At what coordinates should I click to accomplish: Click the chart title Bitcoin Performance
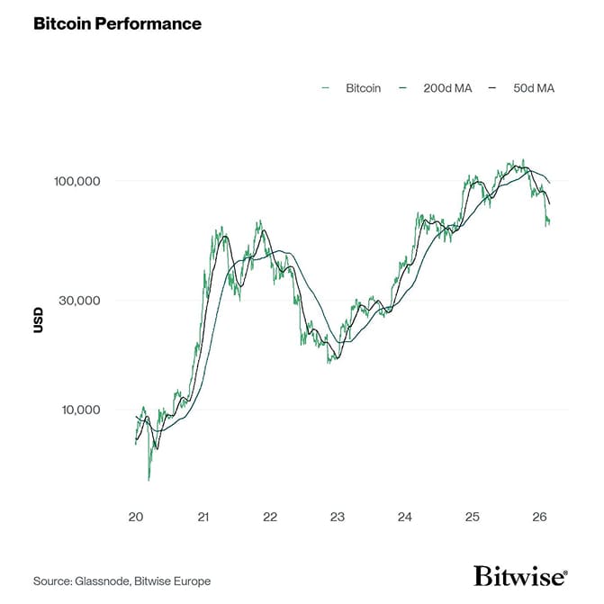click(x=117, y=23)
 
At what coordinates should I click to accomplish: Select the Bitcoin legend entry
click(x=363, y=88)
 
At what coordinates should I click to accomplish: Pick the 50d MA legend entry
click(x=534, y=88)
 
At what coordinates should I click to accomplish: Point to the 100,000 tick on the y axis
click(x=77, y=182)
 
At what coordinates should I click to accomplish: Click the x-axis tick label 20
click(x=136, y=517)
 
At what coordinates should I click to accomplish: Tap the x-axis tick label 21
click(x=203, y=517)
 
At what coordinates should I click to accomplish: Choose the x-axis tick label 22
click(x=270, y=517)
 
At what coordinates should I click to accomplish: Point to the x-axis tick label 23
click(x=338, y=517)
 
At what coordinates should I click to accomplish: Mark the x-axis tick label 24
click(x=405, y=517)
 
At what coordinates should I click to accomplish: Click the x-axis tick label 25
click(x=473, y=517)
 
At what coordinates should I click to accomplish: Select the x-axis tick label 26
click(x=539, y=517)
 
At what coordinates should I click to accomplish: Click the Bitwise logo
click(x=520, y=576)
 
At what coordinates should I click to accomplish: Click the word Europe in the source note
click(x=190, y=581)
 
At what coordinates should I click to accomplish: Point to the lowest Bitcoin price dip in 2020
click(x=149, y=479)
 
